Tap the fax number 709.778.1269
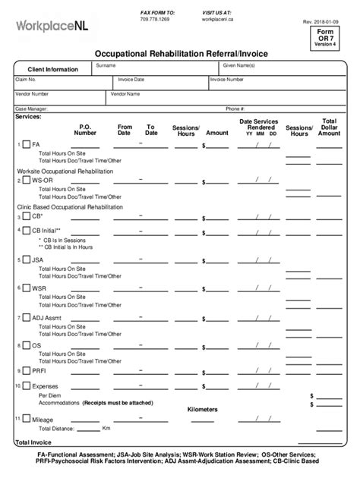tap(155, 19)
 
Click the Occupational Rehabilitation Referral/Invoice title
tap(179, 55)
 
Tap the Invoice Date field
tap(159, 83)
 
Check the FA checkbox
tap(26, 144)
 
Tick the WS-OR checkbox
tap(26, 181)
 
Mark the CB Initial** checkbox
tap(26, 230)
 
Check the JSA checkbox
tap(26, 259)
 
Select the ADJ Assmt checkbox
tap(26, 317)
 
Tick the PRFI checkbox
tap(26, 371)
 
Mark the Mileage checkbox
tap(26, 419)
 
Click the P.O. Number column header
tap(85, 130)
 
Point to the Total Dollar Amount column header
tap(329, 127)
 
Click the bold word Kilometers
tap(202, 409)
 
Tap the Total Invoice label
tap(33, 442)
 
